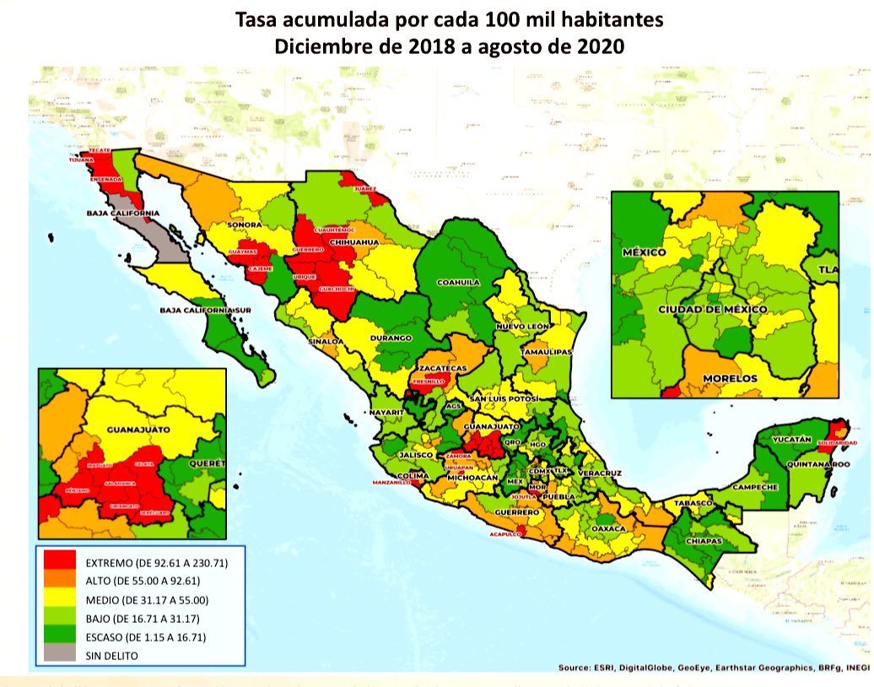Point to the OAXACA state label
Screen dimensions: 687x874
coord(609,528)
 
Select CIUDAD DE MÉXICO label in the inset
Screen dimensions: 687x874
coord(713,310)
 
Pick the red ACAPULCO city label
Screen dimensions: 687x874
coord(509,534)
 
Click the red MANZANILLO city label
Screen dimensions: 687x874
coord(393,482)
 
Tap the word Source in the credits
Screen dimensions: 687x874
coord(576,668)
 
